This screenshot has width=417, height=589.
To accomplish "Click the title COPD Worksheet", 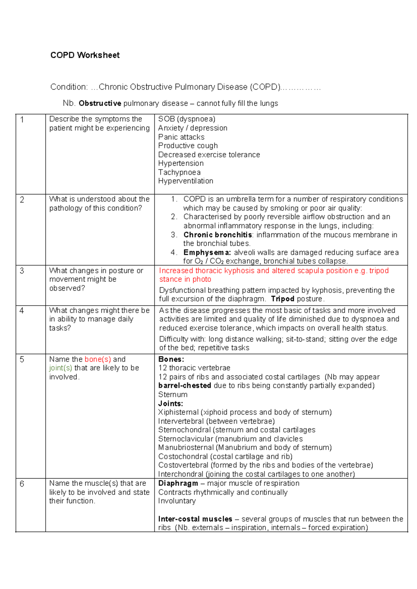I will (x=85, y=55).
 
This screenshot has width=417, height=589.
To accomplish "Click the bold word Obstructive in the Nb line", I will (x=100, y=103).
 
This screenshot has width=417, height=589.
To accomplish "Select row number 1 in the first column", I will (x=22, y=120).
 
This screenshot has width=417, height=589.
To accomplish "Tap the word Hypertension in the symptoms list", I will (x=181, y=163).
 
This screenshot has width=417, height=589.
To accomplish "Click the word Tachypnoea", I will (x=179, y=172).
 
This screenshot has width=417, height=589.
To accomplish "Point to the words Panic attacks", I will (x=181, y=137).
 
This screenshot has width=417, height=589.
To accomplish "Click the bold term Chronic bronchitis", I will (x=218, y=235).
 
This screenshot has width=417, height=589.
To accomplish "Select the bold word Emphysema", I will (x=207, y=252).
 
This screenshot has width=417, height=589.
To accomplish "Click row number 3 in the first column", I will (x=22, y=271).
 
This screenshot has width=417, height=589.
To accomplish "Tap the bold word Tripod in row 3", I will (x=283, y=299).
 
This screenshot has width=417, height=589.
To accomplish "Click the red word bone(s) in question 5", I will (x=98, y=359).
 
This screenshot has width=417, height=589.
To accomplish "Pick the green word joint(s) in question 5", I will (x=60, y=368).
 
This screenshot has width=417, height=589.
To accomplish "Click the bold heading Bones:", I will (x=171, y=359).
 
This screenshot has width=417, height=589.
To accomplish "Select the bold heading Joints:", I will (x=170, y=404).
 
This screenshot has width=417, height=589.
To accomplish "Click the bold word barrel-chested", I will (x=185, y=385).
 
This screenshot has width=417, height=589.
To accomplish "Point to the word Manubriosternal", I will (x=186, y=447).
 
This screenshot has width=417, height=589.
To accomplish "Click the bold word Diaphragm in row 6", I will (x=178, y=483).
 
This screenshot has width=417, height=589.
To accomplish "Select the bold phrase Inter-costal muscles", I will (x=195, y=519).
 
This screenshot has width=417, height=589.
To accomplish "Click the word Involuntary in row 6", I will (x=177, y=501).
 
